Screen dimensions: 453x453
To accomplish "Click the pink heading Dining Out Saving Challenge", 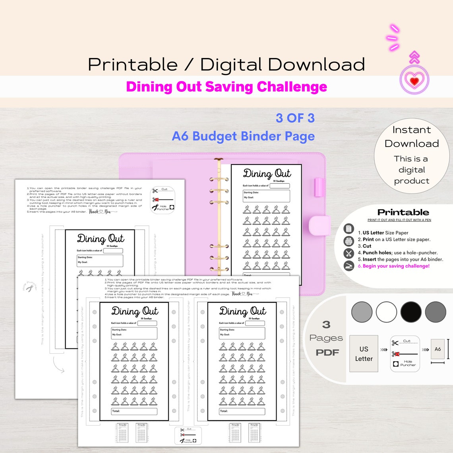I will [x=226, y=87].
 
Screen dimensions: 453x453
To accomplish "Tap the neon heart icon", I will [x=414, y=81].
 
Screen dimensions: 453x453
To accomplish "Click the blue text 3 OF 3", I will [x=295, y=118].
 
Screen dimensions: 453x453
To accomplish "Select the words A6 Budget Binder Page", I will [x=243, y=136].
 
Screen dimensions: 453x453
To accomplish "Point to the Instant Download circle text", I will [x=412, y=137].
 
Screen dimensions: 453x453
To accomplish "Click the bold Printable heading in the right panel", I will [x=403, y=212].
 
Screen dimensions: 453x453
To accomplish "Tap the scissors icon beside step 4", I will [x=348, y=253].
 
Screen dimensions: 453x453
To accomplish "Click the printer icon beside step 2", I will [x=348, y=241].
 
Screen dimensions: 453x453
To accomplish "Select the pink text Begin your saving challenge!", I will [x=396, y=266].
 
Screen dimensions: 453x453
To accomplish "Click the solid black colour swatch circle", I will [x=411, y=312].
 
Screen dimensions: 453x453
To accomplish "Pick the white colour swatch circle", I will [x=386, y=312].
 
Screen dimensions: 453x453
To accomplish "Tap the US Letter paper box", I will [x=364, y=354].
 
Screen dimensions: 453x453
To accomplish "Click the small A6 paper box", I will [x=438, y=349].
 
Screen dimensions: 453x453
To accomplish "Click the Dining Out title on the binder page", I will [x=267, y=174].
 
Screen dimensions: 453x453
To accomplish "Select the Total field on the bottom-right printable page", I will [x=242, y=411].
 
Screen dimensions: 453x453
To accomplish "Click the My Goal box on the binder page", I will [x=266, y=196].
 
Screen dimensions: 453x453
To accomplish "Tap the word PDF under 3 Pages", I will [x=327, y=352].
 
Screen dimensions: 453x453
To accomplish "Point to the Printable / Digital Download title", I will [x=226, y=64].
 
